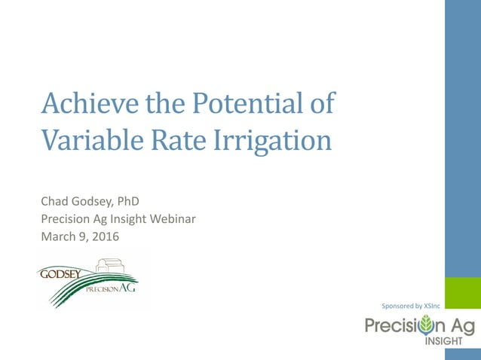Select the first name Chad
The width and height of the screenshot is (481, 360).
tap(54, 201)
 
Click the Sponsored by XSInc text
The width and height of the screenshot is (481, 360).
tap(411, 306)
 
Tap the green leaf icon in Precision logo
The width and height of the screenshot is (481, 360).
tap(427, 325)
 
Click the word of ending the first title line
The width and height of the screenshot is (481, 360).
tap(322, 103)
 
